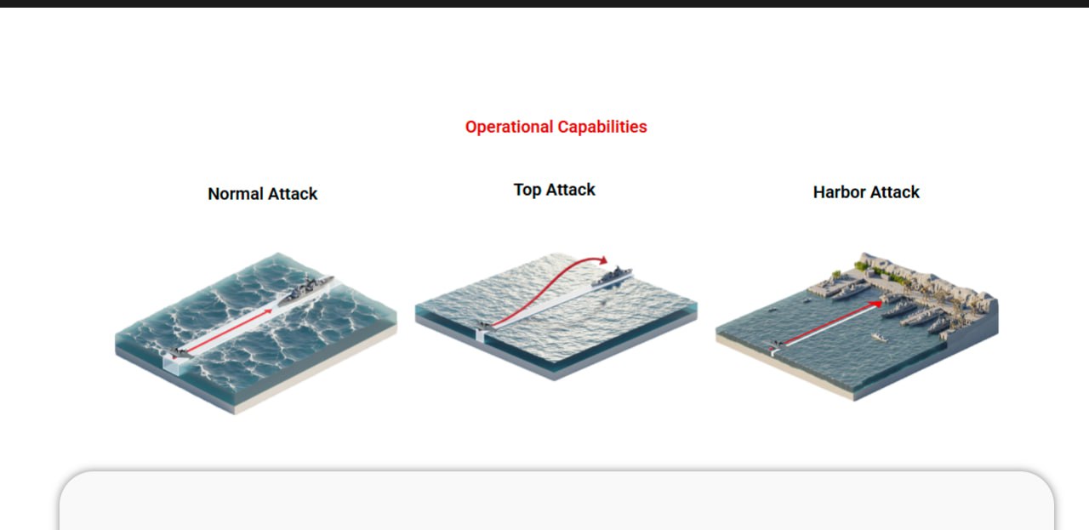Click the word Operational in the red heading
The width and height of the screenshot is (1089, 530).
pos(509,127)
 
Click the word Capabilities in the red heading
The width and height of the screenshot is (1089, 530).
pos(602,127)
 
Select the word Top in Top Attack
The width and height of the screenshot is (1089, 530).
pos(527,190)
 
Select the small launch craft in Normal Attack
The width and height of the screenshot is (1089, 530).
pos(180,352)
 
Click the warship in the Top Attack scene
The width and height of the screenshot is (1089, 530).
pos(612,276)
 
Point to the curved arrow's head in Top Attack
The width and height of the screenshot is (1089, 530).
pos(603,260)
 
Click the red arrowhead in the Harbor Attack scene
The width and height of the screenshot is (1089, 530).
pos(876,305)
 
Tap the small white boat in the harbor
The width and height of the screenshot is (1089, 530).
pos(879,337)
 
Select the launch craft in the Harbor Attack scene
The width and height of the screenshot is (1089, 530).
pos(777,345)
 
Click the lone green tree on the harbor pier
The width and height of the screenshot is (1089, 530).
pos(836,275)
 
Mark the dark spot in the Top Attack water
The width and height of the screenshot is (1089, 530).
pos(604,303)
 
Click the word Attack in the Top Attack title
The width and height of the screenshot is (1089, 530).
pos(570,190)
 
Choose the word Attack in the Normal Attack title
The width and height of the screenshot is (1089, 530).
pos(293,193)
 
